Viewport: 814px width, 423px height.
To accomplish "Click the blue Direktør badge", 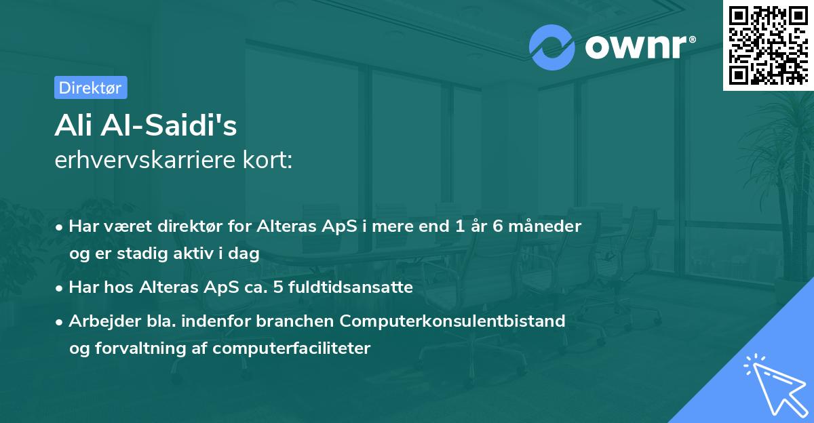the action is (x=91, y=87).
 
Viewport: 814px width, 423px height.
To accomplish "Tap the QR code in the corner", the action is (x=769, y=45).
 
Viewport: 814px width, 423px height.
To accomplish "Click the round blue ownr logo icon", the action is (x=551, y=47).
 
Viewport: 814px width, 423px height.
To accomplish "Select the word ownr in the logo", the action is (x=636, y=47).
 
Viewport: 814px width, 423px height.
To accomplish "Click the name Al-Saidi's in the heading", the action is (x=169, y=125).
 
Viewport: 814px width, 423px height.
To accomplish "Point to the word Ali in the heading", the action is (x=73, y=125).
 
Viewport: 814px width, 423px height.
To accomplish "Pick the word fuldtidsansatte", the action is (x=350, y=287).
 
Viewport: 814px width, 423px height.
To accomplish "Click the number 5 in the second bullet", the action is (x=278, y=287).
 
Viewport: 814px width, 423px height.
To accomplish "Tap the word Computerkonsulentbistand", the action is (x=452, y=321).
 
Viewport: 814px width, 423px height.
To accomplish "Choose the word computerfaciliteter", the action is (x=292, y=348).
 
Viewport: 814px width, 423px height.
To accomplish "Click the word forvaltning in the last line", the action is (x=140, y=348).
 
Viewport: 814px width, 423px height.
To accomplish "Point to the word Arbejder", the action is (x=104, y=321).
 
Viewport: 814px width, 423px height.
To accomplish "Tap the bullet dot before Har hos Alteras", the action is (x=59, y=289).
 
